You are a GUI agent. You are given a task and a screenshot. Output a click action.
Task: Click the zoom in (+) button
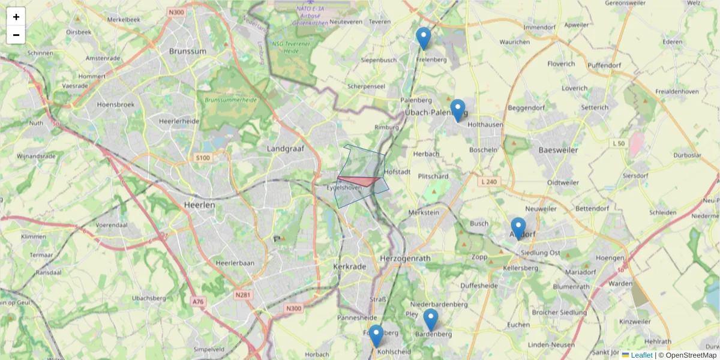tap(16, 17)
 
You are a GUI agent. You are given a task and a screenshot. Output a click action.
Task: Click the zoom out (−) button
tap(16, 35)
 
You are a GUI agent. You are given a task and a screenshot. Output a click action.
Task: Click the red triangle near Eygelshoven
tap(360, 181)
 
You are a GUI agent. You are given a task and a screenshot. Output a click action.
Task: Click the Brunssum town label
tap(188, 52)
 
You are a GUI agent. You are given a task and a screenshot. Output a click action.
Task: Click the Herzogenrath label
tap(405, 258)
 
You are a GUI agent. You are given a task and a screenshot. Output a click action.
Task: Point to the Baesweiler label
tap(558, 150)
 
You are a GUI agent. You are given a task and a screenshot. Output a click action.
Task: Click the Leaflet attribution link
tap(641, 355)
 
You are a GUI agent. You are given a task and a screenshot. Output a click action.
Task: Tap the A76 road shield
tap(198, 301)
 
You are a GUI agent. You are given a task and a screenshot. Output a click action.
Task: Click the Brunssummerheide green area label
tap(230, 100)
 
